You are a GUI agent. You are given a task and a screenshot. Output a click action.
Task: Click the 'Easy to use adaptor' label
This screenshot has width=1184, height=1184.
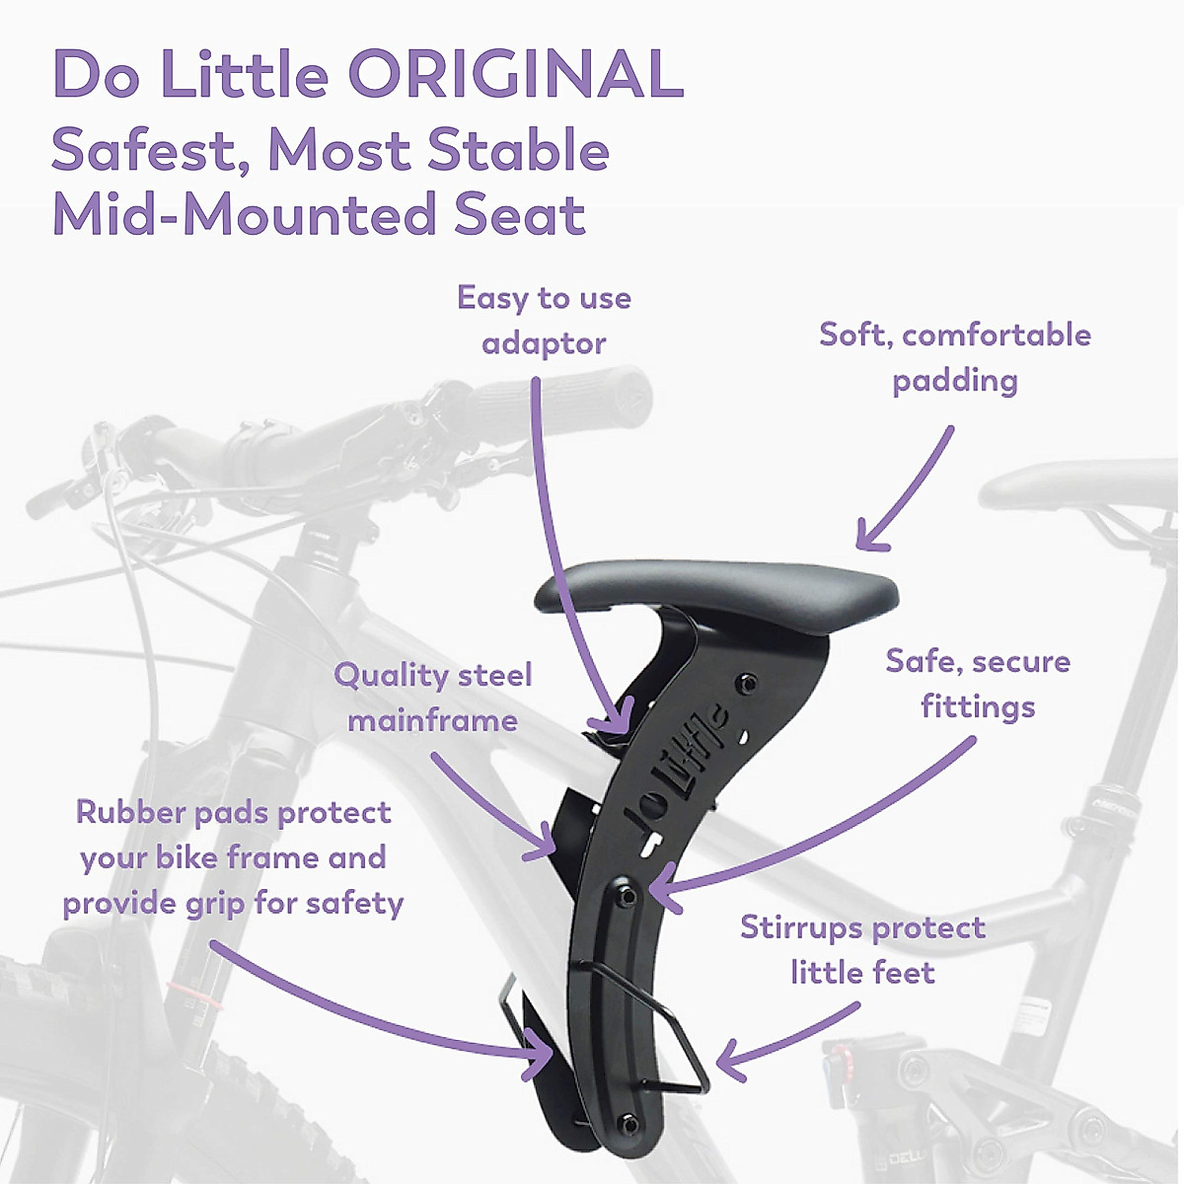[x=544, y=321]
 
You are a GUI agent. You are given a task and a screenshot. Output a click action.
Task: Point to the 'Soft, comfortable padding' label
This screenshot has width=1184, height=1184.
[x=954, y=357]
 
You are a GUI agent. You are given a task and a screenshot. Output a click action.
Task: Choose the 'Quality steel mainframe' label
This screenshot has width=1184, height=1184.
[x=432, y=698]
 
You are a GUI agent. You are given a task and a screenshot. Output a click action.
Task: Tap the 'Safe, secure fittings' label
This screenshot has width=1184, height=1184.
[x=977, y=684]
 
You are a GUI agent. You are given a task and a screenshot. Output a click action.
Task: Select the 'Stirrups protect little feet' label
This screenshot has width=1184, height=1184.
[x=862, y=949]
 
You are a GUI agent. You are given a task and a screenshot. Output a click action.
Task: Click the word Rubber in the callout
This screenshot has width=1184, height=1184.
[x=131, y=812]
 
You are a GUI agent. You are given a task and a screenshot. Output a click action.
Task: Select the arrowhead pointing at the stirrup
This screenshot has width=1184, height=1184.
[x=725, y=1064]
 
